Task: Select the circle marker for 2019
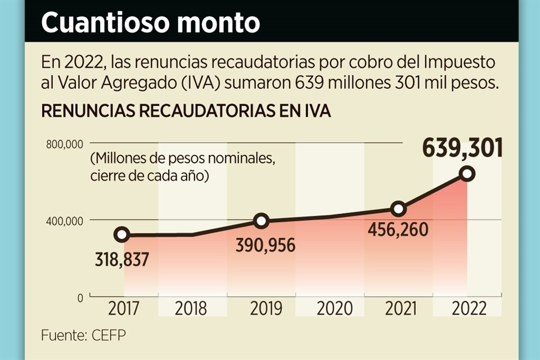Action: tap(261, 221)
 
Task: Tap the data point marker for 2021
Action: tap(398, 209)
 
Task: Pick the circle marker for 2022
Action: tap(467, 174)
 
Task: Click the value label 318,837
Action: tap(121, 260)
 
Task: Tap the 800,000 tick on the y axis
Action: tap(64, 144)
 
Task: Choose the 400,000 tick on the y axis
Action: tap(64, 220)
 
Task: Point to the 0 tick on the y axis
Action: tap(80, 296)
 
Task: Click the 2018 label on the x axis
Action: tap(192, 309)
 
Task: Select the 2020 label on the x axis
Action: tap(330, 309)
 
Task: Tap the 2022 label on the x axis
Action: tap(467, 309)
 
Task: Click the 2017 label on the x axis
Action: tap(123, 309)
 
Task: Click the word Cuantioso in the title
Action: tap(110, 24)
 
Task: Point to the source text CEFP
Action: tap(107, 335)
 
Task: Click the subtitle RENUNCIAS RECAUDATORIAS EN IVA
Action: tap(186, 111)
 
